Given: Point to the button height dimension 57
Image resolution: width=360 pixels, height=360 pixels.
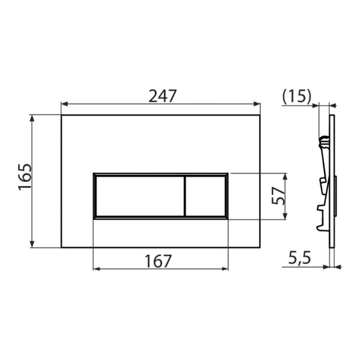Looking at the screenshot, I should [x=277, y=196].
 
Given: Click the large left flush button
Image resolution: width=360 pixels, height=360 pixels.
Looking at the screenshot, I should [x=138, y=196].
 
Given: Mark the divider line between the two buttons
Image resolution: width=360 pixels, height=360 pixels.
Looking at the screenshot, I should [x=184, y=196].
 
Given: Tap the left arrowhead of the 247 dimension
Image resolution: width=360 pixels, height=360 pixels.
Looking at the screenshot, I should [x=64, y=104].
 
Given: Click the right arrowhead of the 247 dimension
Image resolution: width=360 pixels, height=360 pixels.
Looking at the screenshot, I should [x=257, y=104].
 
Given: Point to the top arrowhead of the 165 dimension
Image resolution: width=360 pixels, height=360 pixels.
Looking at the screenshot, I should [x=33, y=118].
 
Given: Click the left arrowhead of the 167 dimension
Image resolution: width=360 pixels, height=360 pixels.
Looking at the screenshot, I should [x=96, y=268].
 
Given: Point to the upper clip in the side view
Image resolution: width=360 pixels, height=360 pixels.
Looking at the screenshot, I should [x=323, y=142].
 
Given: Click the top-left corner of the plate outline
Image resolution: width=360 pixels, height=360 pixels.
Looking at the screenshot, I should [x=61, y=115].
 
